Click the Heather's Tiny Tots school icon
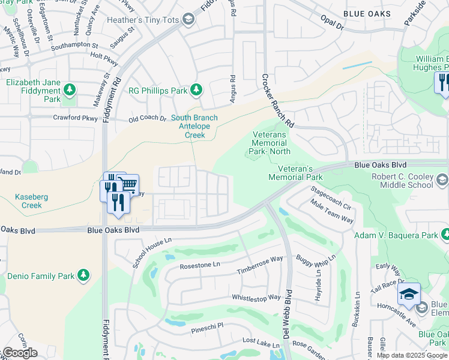[189, 20]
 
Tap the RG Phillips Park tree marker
[196, 90]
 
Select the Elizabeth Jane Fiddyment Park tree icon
[70, 90]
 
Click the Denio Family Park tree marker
[83, 275]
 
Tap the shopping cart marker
[128, 184]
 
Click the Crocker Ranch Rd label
[277, 100]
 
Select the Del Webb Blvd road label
[288, 314]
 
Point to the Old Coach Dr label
[147, 119]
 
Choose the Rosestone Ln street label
[200, 265]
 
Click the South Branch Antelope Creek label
[194, 126]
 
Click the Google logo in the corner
[20, 353]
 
